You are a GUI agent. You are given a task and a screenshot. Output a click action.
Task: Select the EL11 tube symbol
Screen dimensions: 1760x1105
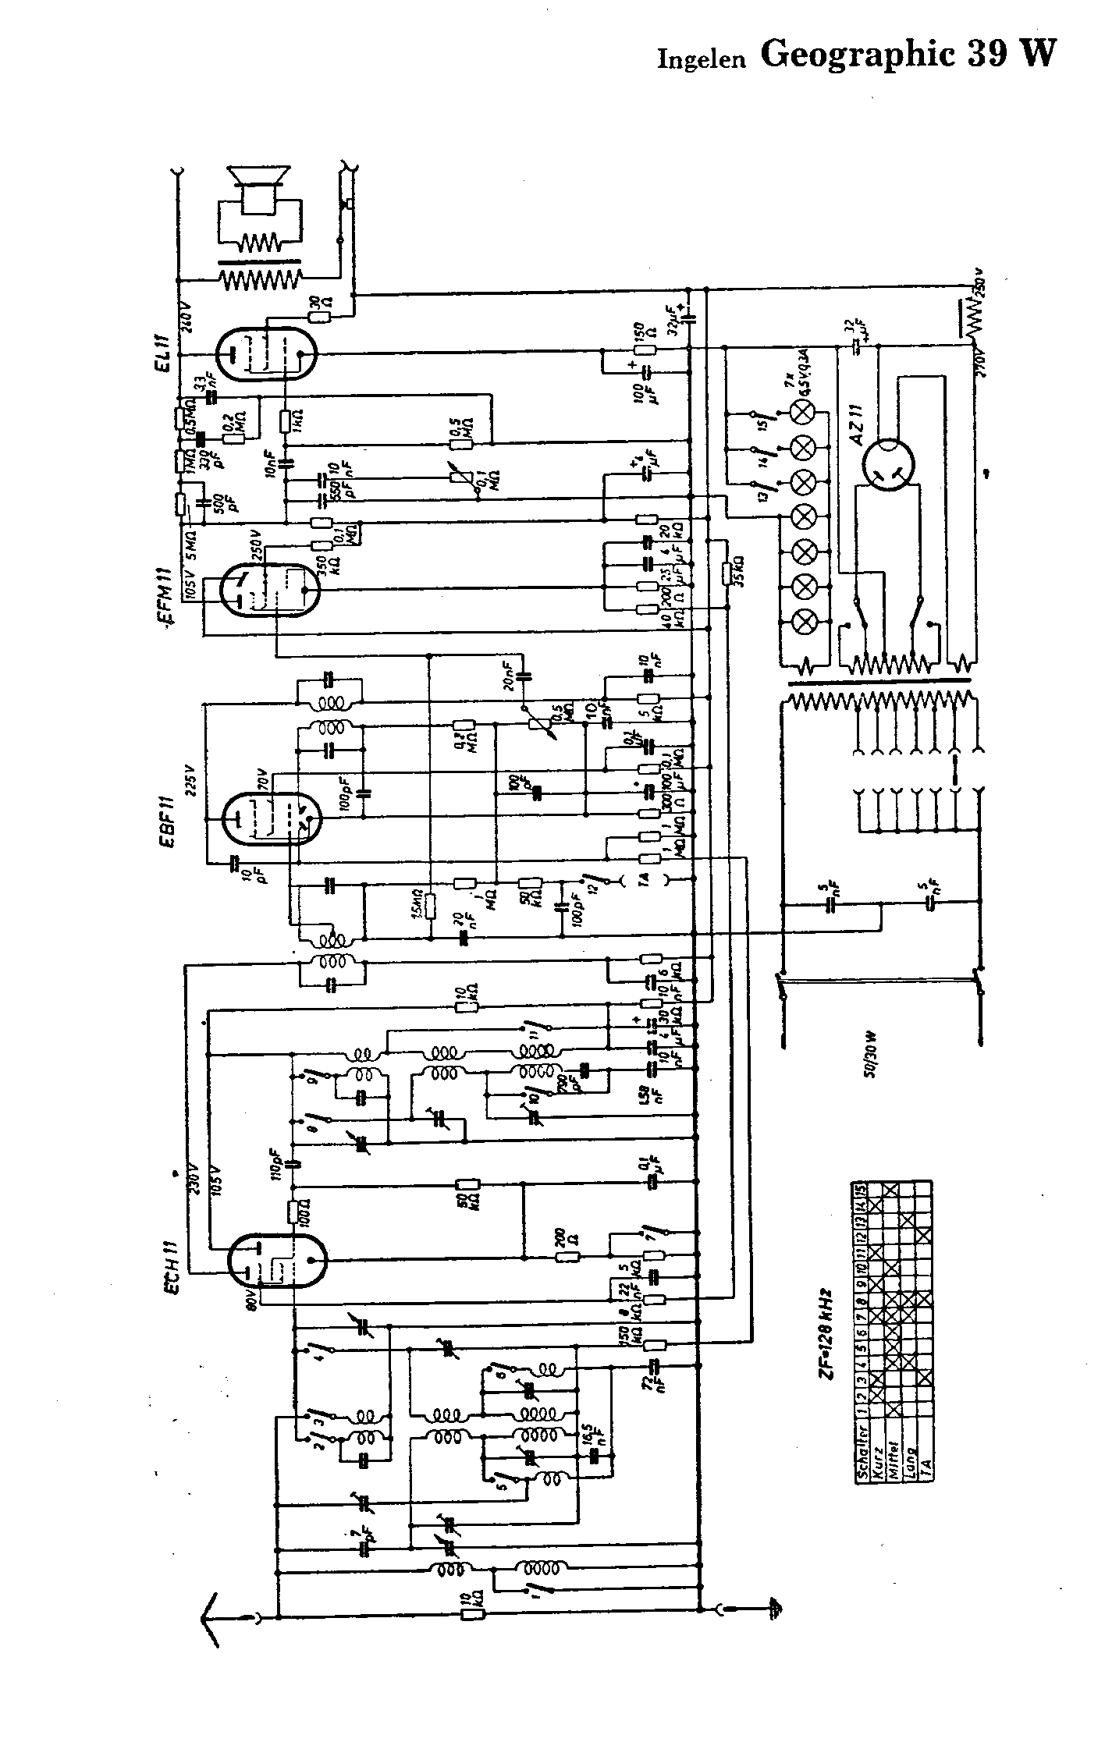coord(267,353)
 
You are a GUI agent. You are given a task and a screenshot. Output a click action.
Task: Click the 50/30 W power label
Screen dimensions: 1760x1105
coord(869,1057)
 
